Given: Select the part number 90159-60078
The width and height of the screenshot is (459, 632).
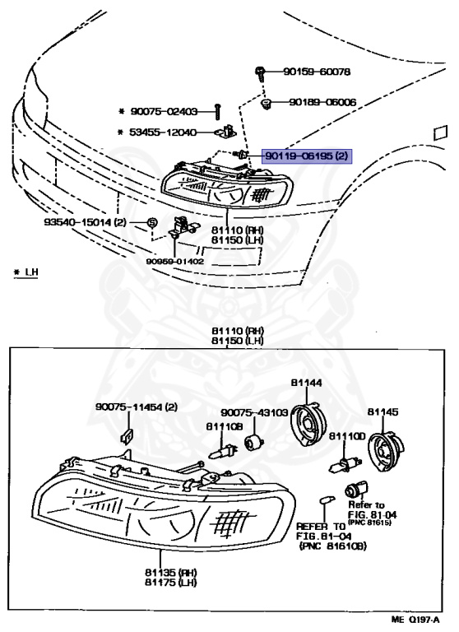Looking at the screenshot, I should [317, 72].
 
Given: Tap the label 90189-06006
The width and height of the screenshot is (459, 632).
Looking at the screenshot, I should [322, 103].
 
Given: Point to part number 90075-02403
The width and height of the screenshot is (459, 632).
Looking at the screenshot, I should [164, 111].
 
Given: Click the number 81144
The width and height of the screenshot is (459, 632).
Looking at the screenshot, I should [305, 383].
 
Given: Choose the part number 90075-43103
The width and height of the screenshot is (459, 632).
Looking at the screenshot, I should [253, 413].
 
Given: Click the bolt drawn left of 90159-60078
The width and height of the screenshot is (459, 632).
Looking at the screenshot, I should [258, 72].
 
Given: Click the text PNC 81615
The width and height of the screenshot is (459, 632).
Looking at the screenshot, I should [372, 522].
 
